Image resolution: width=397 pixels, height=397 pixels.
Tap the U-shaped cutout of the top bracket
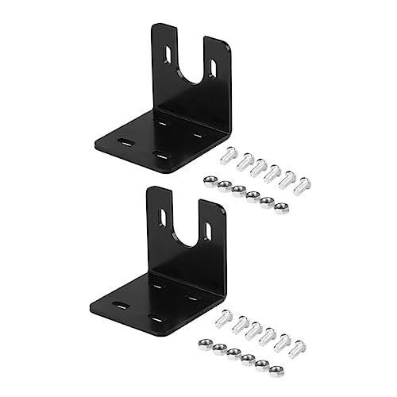click(191, 67)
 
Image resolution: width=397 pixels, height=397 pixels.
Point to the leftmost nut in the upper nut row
click(210, 181)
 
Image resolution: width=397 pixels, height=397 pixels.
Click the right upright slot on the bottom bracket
click(207, 230)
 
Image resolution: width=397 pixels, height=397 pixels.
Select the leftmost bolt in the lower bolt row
click(225, 316)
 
